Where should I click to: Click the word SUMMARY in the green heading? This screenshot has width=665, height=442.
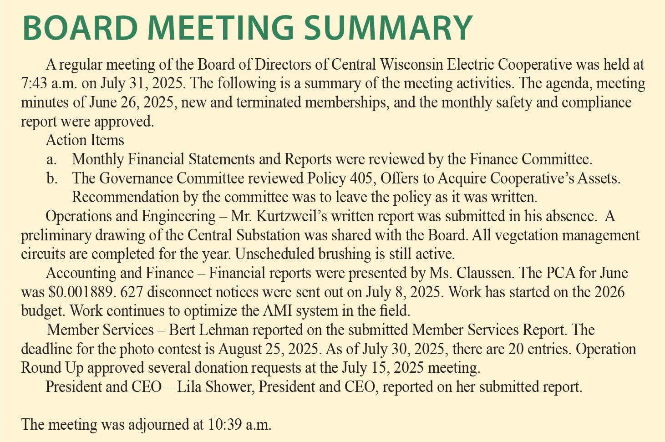(388, 27)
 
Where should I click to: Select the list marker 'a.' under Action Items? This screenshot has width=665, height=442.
(51, 159)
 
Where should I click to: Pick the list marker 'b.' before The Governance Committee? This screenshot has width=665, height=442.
(52, 178)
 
